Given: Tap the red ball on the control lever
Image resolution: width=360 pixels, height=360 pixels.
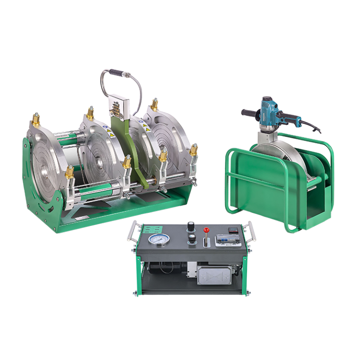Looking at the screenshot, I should click(x=205, y=231).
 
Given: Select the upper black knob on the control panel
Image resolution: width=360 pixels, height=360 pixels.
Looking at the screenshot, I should click(x=191, y=226).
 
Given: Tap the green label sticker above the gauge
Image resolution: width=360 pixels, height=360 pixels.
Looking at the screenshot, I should click(x=151, y=230).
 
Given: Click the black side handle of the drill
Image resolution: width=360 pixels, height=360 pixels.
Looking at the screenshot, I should click(x=249, y=113).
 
